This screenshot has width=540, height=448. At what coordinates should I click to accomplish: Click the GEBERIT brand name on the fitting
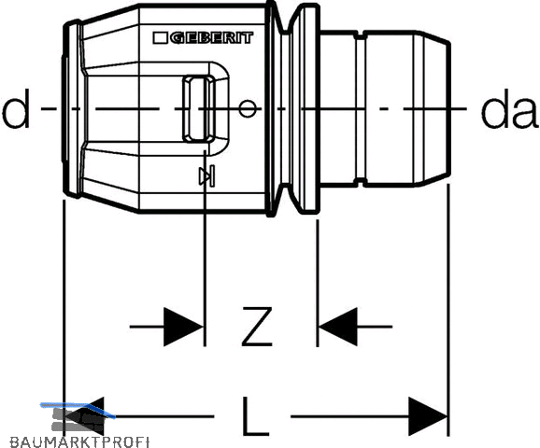pos(211,38)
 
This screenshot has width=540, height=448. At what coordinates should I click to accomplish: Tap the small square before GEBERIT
pos(160,38)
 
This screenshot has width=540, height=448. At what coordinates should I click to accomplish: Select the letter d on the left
pos(15,108)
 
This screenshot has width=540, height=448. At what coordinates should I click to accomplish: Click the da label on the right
pos(509,108)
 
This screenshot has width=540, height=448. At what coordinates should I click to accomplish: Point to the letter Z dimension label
pos(257,327)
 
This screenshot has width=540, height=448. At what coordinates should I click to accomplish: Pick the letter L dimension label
pos(255,416)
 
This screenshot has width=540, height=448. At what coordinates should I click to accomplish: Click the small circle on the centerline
pos(248,108)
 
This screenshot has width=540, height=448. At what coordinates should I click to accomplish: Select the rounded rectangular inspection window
pos(199,108)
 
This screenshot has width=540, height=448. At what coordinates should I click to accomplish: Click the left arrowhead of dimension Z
pos(183,327)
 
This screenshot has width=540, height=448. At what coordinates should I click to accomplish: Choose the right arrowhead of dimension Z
pos(338,327)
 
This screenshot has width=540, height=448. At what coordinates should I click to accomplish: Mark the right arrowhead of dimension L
pos(428,416)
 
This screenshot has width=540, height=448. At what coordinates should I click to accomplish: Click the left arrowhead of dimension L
pos(84,416)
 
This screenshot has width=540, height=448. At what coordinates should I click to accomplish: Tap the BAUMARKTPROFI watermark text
pos(79,441)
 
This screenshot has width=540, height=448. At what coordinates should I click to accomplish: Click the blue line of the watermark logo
pos(78,410)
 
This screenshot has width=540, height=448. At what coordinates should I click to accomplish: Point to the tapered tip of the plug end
pos(433,108)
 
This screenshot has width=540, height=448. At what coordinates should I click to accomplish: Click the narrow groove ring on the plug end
pos(360,108)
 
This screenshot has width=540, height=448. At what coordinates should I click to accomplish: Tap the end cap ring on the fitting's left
pos(73,108)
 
